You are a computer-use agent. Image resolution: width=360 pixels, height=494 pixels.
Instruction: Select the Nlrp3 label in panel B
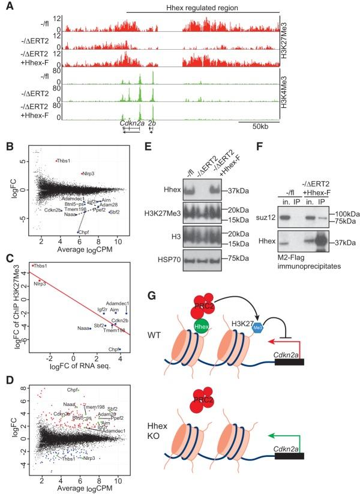(90, 173)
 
